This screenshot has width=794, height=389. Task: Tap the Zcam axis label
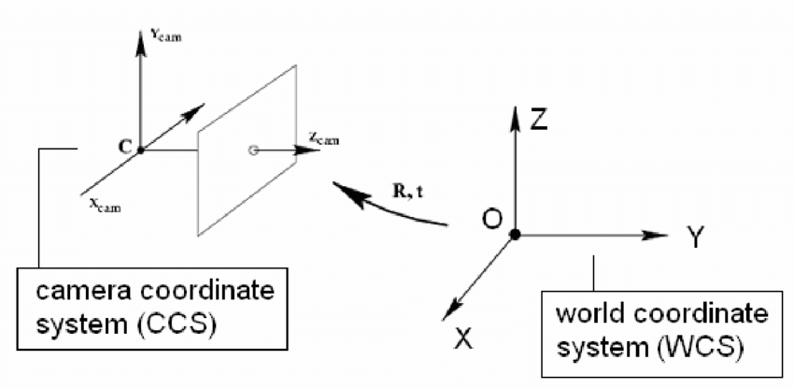coord(324,140)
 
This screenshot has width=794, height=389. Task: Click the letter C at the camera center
coord(124,146)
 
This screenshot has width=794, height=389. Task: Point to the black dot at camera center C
coord(140,150)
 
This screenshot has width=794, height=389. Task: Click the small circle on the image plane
coord(253,150)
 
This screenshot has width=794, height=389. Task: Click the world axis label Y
coord(695,238)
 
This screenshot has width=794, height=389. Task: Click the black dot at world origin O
coord(516,235)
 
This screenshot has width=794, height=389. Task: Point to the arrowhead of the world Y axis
coord(659,235)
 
